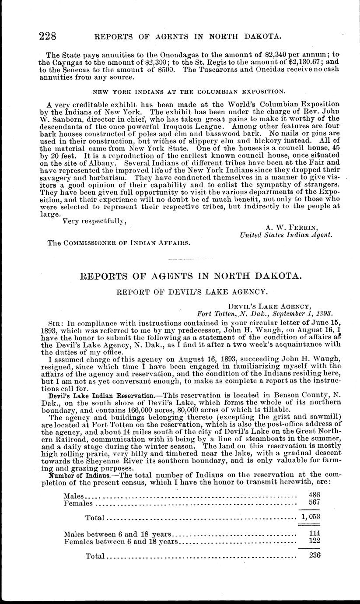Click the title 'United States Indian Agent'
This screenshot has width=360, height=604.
pyautogui.click(x=287, y=235)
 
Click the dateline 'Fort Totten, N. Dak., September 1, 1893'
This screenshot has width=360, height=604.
pyautogui.click(x=261, y=313)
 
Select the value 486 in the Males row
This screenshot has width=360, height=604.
pyautogui.click(x=314, y=495)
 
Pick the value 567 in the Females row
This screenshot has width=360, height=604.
pyautogui.click(x=314, y=502)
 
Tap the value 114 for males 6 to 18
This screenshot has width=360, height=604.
pyautogui.click(x=314, y=534)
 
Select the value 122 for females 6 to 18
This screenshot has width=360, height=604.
pyautogui.click(x=314, y=541)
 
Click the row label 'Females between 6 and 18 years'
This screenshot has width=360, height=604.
pyautogui.click(x=121, y=542)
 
